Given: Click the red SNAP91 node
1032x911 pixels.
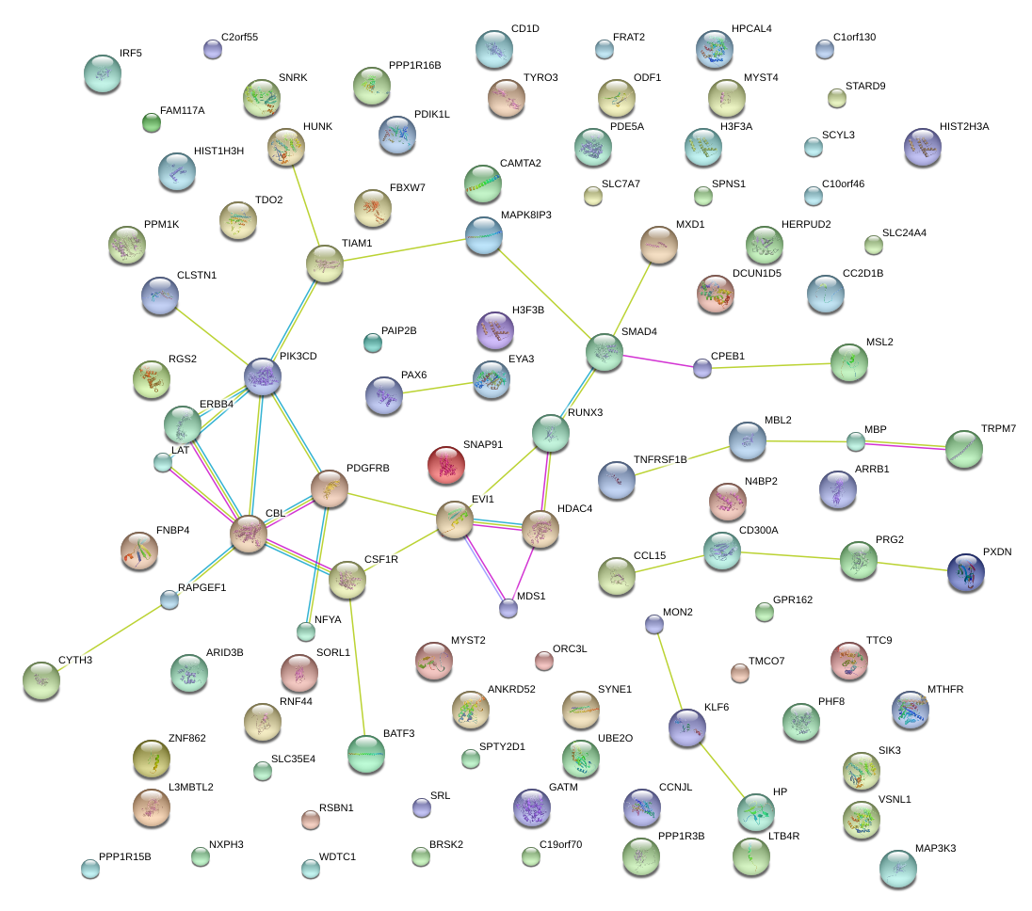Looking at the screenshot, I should click(446, 465).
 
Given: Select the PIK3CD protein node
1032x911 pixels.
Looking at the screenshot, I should click(263, 376).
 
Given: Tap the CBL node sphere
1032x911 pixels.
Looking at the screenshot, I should click(249, 534).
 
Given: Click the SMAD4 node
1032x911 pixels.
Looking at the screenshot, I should click(604, 352).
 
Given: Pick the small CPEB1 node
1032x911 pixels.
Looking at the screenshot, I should click(701, 368).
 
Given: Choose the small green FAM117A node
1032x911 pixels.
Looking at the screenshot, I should click(151, 121).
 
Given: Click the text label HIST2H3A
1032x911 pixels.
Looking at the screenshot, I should click(964, 126).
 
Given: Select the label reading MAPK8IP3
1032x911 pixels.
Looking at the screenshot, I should click(525, 216).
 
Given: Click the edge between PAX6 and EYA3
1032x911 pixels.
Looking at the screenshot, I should click(437, 388).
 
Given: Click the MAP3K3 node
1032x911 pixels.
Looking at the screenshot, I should click(897, 868).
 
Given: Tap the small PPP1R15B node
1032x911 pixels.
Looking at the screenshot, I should click(89, 869).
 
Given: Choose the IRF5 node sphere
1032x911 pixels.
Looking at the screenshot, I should click(103, 73).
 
